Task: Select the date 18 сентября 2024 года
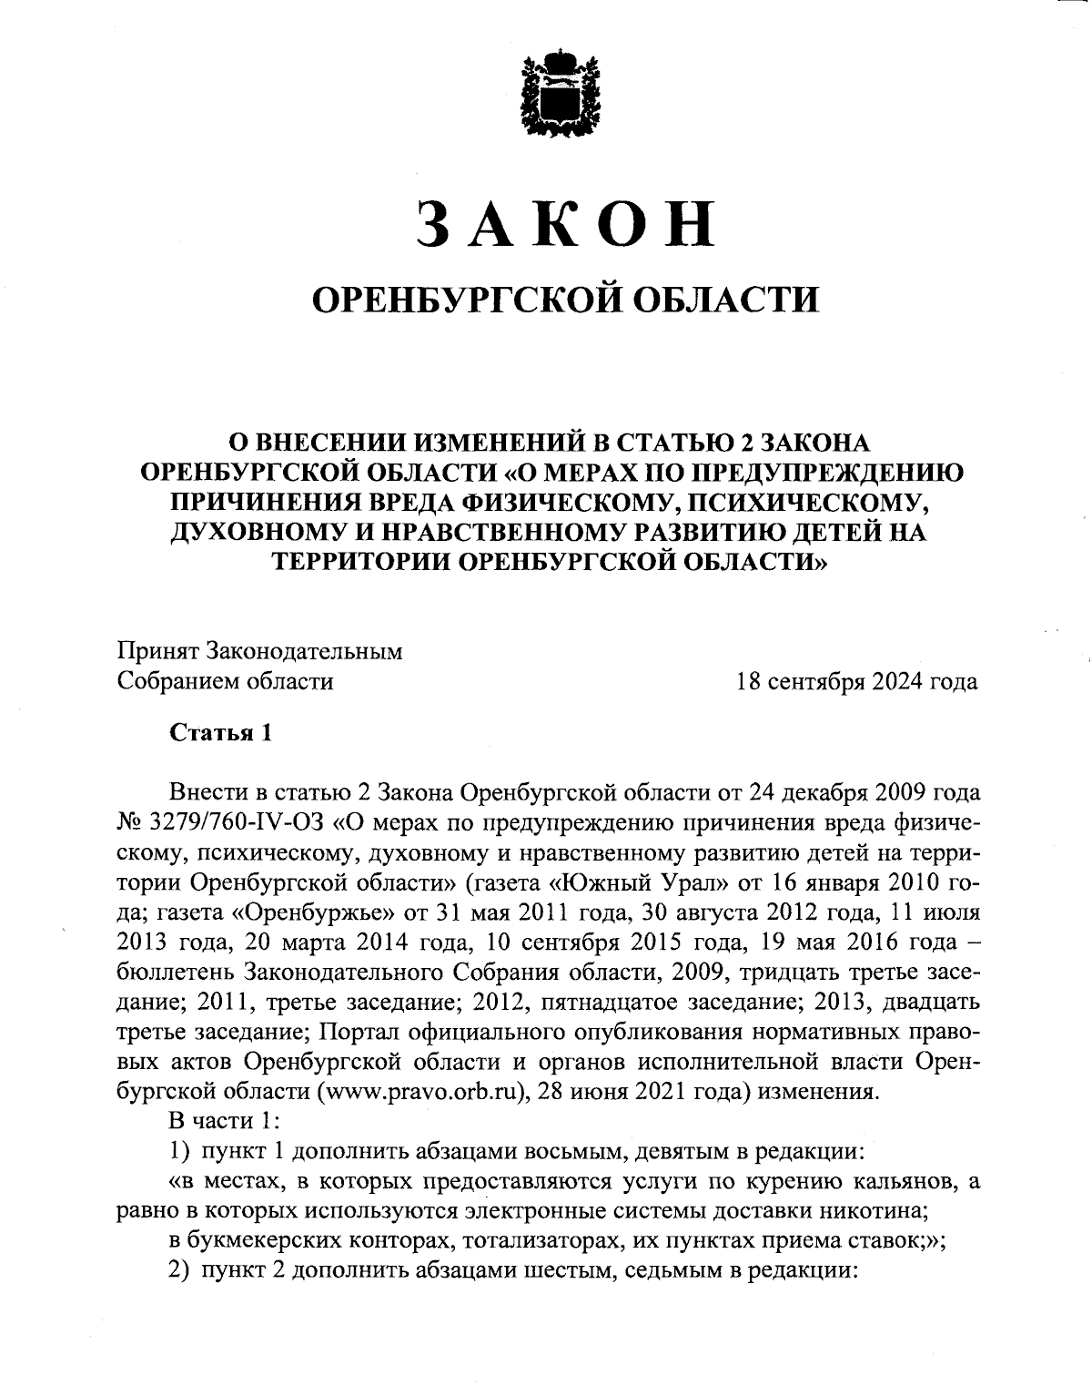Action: (857, 681)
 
